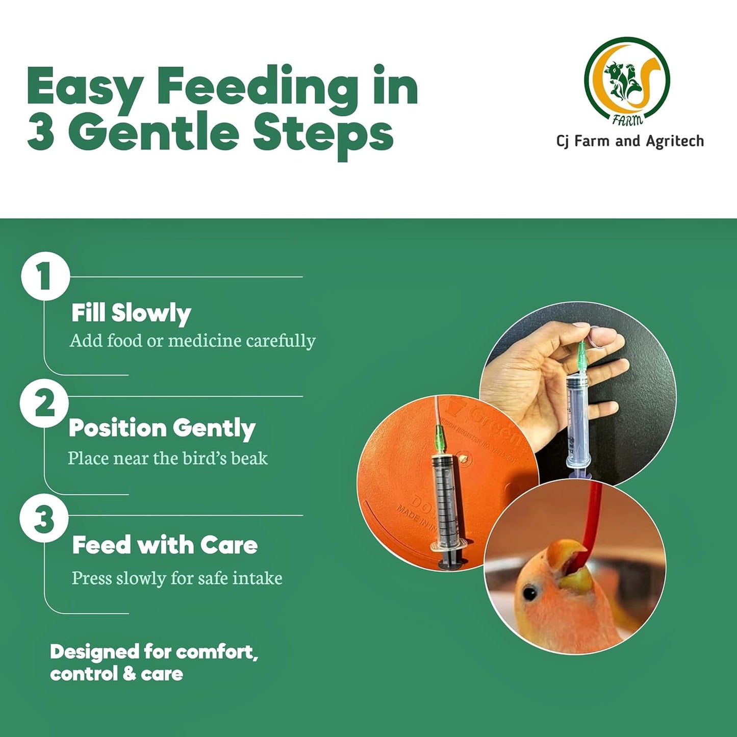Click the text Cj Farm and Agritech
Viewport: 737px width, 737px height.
[630, 141]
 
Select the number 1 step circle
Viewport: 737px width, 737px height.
[45, 276]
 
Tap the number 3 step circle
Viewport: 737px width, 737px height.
[44, 519]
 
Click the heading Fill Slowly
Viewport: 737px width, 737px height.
[131, 313]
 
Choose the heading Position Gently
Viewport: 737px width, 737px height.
[162, 428]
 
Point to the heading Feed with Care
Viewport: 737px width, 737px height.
[165, 545]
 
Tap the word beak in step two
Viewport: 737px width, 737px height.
[249, 459]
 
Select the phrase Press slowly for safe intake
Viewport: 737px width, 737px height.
[177, 578]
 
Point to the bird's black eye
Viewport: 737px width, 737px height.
[530, 593]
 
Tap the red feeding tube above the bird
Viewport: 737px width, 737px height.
[592, 520]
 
